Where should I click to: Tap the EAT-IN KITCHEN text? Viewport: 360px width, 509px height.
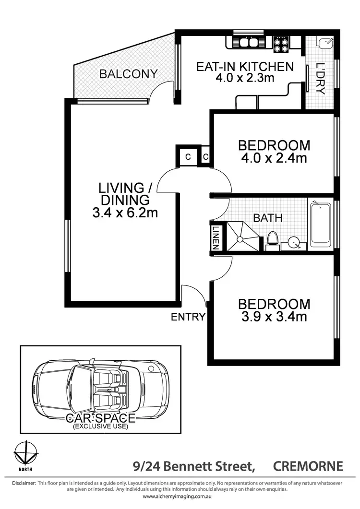[x=244, y=66]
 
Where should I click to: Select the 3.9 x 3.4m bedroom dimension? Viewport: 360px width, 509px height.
[x=274, y=316]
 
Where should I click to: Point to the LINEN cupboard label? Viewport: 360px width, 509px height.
[x=216, y=238]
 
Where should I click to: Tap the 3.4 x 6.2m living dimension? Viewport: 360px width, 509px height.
[x=125, y=213]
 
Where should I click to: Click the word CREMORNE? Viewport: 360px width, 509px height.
[x=308, y=466]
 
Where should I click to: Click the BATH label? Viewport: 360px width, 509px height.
[x=267, y=218]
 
